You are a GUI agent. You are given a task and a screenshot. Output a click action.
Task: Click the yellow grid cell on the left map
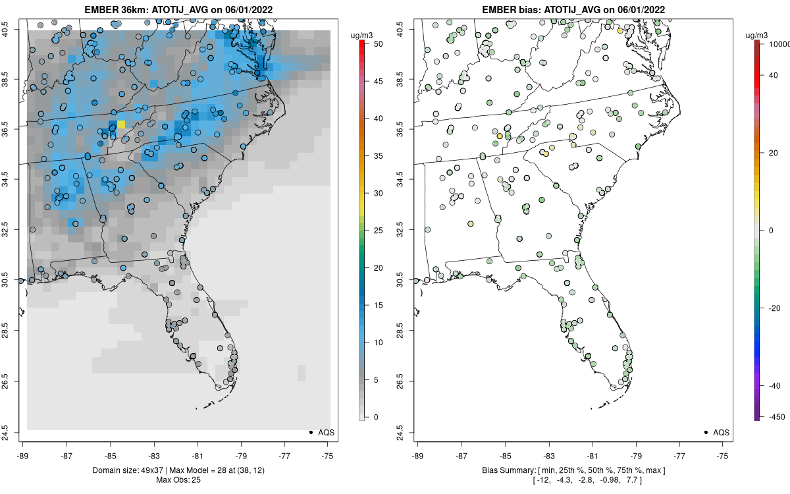coord(121,124)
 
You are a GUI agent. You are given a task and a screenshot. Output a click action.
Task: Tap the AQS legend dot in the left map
coord(310,432)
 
